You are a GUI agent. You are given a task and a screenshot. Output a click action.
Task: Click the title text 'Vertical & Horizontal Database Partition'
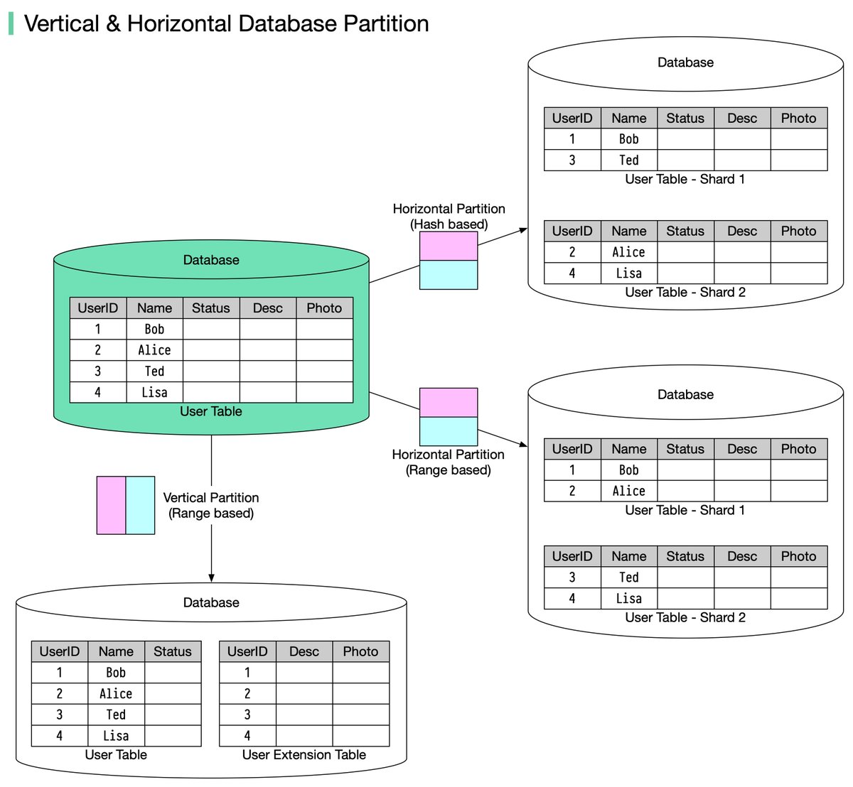[x=226, y=23]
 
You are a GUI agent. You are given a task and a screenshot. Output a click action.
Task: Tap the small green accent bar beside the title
[x=11, y=23]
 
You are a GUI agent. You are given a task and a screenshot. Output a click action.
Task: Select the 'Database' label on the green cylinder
[x=211, y=260]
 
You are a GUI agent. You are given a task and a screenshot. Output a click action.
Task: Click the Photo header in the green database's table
[x=324, y=308]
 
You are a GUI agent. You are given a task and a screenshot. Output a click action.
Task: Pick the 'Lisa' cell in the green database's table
[x=154, y=392]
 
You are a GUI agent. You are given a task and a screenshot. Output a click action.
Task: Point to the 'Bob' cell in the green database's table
[x=154, y=329]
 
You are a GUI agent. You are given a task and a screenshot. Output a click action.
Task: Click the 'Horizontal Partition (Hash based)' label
[x=449, y=217]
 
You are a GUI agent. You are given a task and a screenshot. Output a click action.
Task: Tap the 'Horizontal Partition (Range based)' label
[x=448, y=462]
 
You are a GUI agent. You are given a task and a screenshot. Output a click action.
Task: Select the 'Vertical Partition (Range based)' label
[x=211, y=506]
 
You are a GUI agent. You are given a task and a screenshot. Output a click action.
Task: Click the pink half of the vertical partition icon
[x=111, y=505]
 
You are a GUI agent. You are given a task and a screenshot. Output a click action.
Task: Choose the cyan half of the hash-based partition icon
[x=448, y=275]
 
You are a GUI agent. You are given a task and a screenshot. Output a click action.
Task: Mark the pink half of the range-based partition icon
[x=448, y=402]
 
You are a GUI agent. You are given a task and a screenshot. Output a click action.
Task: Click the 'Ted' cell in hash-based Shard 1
[x=628, y=160]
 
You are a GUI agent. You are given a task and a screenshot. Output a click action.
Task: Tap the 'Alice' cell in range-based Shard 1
[x=628, y=491]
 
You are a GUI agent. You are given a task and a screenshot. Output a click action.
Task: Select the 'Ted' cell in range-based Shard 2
[x=628, y=577]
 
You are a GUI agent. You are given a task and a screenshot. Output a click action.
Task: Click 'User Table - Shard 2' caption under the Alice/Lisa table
[x=685, y=292]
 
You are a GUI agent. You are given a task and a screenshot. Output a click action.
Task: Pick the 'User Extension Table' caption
[x=304, y=755]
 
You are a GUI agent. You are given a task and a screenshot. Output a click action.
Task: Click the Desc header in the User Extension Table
[x=304, y=651]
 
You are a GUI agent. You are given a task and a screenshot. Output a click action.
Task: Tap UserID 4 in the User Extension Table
[x=247, y=736]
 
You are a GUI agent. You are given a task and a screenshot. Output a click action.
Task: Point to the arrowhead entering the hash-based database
[x=524, y=229]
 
